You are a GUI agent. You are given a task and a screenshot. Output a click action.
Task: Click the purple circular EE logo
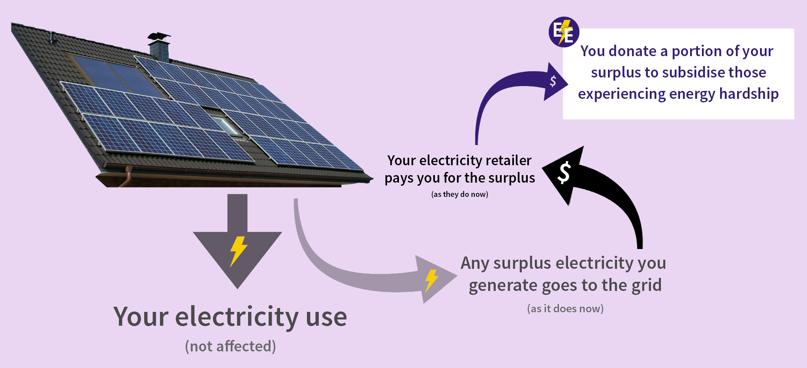(x=564, y=32)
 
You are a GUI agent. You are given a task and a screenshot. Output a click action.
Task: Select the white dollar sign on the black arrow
(x=564, y=173)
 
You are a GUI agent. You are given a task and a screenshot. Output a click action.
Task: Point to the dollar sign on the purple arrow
(x=553, y=81)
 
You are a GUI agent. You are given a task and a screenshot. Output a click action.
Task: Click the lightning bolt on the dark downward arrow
(x=238, y=251)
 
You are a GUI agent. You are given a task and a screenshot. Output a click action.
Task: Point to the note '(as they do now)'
(x=459, y=194)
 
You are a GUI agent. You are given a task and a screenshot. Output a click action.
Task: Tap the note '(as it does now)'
(x=565, y=308)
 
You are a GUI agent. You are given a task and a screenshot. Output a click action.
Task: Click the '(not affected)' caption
(x=230, y=346)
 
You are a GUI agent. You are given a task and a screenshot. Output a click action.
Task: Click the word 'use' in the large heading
(x=326, y=317)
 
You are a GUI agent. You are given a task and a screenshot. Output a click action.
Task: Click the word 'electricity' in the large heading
(x=237, y=317)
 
